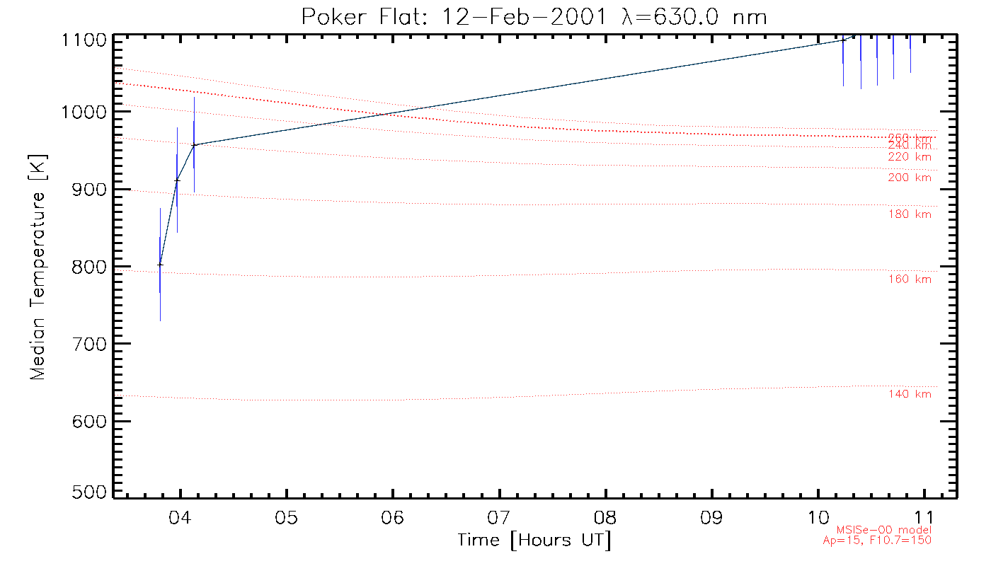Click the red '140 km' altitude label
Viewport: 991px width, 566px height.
pos(910,394)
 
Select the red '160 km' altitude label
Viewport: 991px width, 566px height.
pos(910,279)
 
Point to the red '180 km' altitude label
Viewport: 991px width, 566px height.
pos(910,214)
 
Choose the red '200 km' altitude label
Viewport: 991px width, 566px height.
pos(910,178)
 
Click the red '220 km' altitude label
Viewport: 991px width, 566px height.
pos(910,157)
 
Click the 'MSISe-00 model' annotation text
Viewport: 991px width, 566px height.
pos(884,530)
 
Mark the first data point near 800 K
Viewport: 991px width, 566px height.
pos(160,265)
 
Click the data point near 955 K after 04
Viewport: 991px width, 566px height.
pos(194,145)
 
